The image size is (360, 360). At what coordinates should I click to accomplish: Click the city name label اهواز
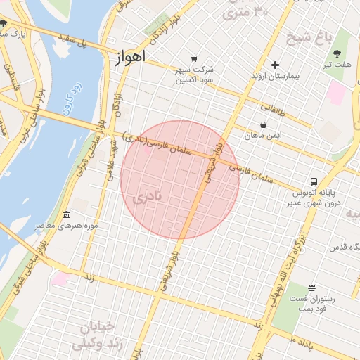(x=129, y=58)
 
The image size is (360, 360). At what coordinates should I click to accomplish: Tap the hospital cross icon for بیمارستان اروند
(x=275, y=65)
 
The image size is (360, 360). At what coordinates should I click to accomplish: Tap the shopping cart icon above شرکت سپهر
(x=194, y=59)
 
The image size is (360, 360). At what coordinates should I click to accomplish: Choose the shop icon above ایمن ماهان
(x=262, y=125)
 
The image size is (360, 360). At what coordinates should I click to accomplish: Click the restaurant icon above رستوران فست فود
(x=311, y=288)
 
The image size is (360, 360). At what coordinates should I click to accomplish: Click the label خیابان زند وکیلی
(x=98, y=336)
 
